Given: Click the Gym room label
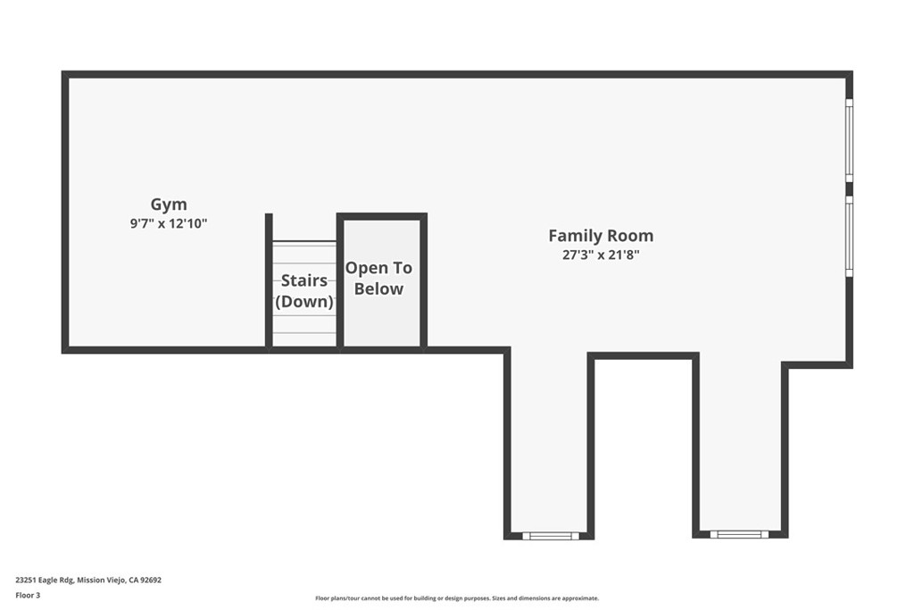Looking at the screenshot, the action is coord(169,205).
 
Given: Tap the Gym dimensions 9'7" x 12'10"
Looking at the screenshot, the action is coord(169,223).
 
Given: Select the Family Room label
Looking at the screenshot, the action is coord(601,236).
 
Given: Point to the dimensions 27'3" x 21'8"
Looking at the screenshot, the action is coord(601,255).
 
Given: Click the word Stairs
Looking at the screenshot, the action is coord(304,280).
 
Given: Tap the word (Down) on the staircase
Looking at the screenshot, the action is coord(304,302).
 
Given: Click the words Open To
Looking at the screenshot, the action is coord(378,268).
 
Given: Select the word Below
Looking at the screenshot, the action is coord(378,288).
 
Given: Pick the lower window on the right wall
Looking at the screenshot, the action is coord(850,236).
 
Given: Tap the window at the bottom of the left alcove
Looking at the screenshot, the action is coord(551,536).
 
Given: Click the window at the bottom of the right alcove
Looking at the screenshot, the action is coord(739,534).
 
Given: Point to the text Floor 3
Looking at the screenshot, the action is coord(28,596).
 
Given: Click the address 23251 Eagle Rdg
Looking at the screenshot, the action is coord(45,581).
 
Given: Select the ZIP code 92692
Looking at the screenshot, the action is coord(152,581).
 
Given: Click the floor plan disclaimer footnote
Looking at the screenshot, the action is coord(457,598).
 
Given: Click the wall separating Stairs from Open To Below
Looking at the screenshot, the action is coord(340,282).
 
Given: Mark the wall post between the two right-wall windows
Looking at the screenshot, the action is coord(850,189).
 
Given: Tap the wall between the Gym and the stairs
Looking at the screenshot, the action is coord(269,282).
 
